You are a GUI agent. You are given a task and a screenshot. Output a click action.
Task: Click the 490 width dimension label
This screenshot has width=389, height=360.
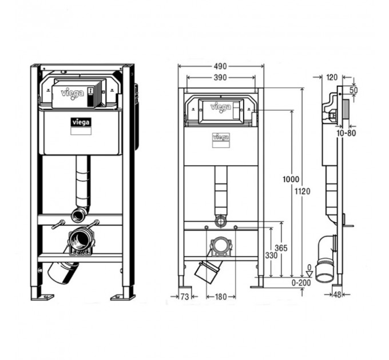pyautogui.click(x=220, y=66)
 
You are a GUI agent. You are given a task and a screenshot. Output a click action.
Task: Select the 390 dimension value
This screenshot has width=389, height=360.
pyautogui.click(x=220, y=78)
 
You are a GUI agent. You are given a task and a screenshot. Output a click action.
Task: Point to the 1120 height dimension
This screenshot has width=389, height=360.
pyautogui.click(x=303, y=191)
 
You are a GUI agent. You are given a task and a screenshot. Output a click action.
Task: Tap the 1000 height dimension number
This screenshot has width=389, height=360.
pyautogui.click(x=291, y=179)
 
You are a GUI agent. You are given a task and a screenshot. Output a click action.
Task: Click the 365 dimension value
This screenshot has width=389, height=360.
pyautogui.click(x=281, y=248)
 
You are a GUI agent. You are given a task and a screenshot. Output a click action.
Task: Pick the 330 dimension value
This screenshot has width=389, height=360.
pyautogui.click(x=271, y=255)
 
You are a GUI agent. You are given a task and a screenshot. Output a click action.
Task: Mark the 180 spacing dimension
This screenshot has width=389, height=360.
pyautogui.click(x=221, y=297)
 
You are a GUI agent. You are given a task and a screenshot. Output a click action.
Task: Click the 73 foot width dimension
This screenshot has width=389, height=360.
pyautogui.click(x=185, y=297)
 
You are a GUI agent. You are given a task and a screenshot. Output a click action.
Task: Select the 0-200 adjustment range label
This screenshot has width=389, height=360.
pyautogui.click(x=301, y=283)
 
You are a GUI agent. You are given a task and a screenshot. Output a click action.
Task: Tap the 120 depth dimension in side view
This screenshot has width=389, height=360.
pyautogui.click(x=332, y=78)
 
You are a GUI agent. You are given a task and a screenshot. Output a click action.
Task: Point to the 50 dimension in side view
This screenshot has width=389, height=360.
pyautogui.click(x=354, y=90)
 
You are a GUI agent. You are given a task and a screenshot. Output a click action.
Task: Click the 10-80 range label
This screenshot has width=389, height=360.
pyautogui.click(x=346, y=133)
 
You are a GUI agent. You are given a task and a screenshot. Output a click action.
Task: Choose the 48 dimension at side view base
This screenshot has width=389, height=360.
pyautogui.click(x=338, y=295)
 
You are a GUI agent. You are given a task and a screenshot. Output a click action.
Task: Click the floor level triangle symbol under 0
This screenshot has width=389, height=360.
pyautogui.click(x=309, y=274)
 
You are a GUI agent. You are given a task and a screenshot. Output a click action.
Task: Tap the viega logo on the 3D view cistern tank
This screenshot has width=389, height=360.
pyautogui.click(x=81, y=122)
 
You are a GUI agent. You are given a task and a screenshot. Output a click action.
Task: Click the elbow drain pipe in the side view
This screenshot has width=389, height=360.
pyautogui.click(x=326, y=258)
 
